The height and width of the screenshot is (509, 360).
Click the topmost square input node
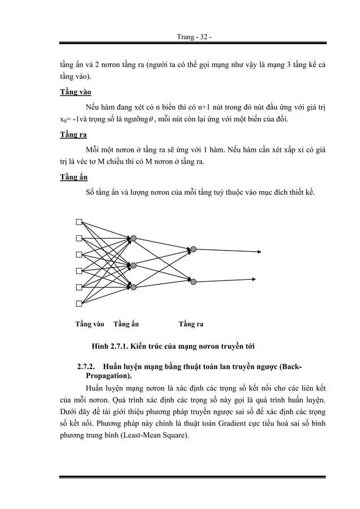[x=80, y=221]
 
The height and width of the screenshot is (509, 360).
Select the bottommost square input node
[x=80, y=304]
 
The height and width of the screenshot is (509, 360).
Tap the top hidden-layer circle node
[x=133, y=239]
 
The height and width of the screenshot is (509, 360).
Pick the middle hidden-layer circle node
[x=133, y=265]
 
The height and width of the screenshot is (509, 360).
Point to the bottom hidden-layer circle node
[x=133, y=286]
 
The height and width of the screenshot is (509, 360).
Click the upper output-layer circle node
[x=193, y=249]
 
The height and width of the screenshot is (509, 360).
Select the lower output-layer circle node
[x=193, y=280]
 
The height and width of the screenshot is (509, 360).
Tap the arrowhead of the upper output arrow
[x=259, y=252]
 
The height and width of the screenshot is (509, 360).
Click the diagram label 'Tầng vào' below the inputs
[x=90, y=324]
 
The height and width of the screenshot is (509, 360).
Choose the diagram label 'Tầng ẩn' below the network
[x=126, y=324]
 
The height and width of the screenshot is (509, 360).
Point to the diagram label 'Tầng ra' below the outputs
[x=191, y=324]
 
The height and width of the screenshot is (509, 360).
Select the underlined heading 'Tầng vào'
[x=76, y=91]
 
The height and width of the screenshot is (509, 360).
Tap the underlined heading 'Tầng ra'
[x=73, y=135]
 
